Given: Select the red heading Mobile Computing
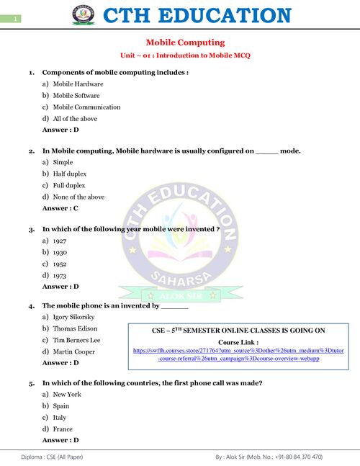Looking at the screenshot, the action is pos(186,42).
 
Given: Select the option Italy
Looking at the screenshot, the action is pos(60,417).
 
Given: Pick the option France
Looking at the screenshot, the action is pos(63,429).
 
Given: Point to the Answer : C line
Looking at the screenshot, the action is pos(60,208).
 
